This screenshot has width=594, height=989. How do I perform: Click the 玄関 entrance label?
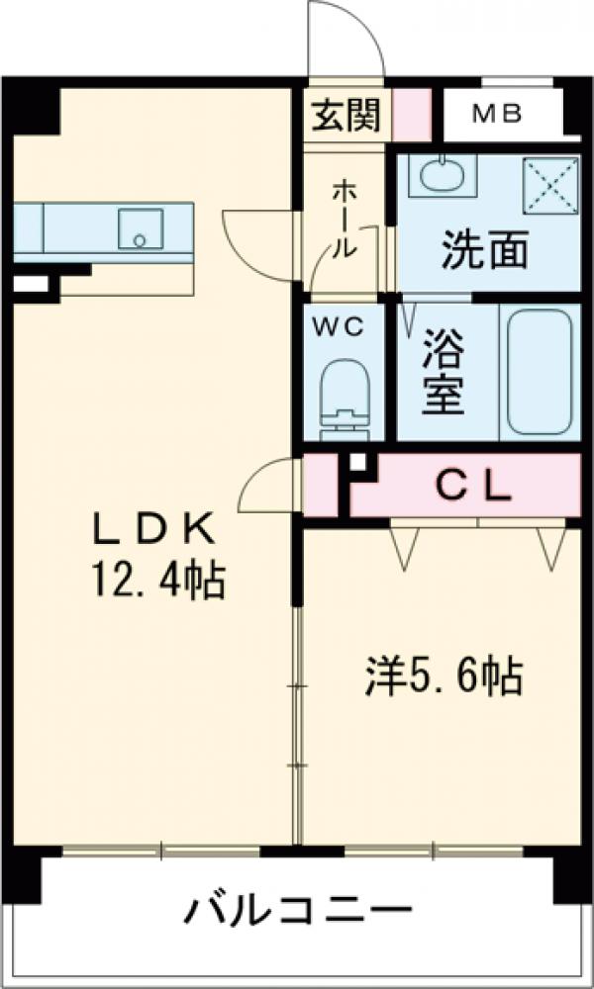[346, 116]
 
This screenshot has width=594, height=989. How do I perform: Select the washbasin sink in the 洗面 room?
[442, 176]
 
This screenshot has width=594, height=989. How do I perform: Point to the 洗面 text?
[484, 251]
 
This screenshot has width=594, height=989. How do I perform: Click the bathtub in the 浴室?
[540, 372]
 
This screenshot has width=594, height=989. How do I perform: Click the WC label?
[341, 326]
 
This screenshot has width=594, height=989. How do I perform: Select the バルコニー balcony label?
[296, 909]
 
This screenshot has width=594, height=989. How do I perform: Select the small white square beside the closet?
[357, 461]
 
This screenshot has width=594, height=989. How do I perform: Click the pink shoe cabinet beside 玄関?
[413, 116]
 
